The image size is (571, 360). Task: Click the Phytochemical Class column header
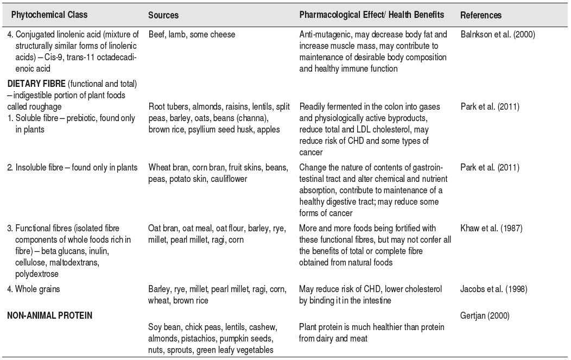point(49,15)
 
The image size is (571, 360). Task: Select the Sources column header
point(163,16)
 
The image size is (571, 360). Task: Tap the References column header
point(481,16)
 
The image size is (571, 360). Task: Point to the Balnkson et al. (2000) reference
point(498,35)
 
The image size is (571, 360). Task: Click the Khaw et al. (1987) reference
point(491,229)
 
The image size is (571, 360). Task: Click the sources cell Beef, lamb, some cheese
point(192,35)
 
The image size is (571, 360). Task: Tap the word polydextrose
point(32,274)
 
